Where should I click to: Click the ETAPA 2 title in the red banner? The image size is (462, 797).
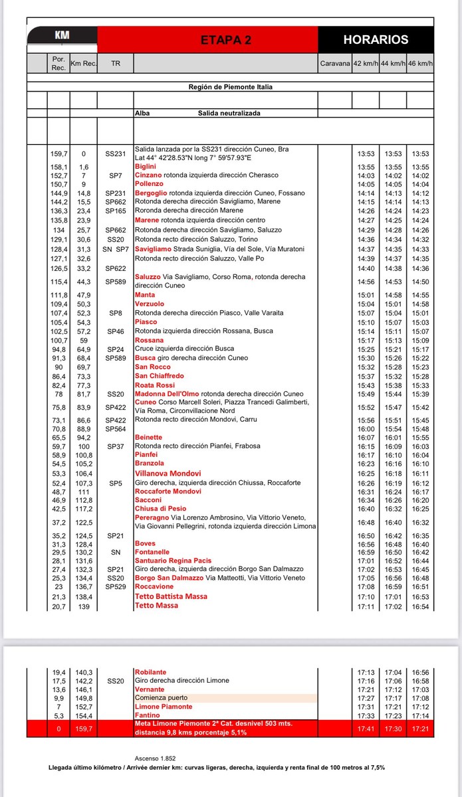coord(226,40)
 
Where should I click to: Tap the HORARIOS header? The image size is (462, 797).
coord(376,40)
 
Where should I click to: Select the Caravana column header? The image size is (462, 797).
coord(334,64)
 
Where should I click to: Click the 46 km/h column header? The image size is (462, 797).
coord(420,64)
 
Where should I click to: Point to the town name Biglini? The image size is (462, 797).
coord(146,167)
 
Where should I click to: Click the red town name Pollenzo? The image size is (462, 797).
coord(148,184)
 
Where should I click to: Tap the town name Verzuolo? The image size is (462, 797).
coord(149,304)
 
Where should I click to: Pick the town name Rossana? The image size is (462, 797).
coord(149,340)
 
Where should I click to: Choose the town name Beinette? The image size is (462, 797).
coord(148,438)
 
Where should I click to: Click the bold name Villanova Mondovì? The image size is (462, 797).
coord(168,474)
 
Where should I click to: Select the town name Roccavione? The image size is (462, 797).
coord(154,586)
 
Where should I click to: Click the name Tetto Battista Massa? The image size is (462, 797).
coord(171,596)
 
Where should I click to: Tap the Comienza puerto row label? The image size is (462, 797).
coord(161,698)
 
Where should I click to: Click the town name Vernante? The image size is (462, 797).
coord(149,689)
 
